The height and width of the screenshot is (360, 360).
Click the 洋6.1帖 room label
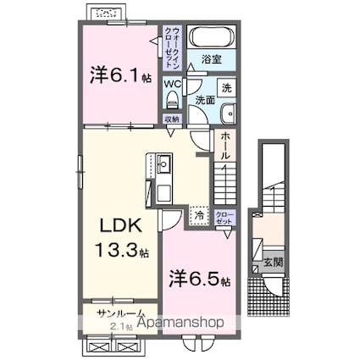coord(120,76)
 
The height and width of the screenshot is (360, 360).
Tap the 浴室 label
coord(212,60)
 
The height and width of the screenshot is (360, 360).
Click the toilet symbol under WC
coord(172,100)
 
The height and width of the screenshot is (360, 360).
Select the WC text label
coord(172,84)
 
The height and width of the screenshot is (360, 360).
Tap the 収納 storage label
coord(172,119)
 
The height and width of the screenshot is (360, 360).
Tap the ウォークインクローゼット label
coord(172,47)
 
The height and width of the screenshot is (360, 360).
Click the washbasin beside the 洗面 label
coord(227,116)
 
